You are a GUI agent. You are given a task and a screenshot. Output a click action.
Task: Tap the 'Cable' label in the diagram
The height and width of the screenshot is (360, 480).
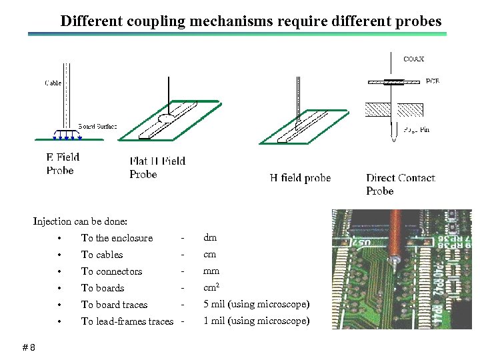pos(53,83)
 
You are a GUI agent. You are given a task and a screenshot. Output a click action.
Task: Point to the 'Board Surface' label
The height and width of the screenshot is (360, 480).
pos(97,126)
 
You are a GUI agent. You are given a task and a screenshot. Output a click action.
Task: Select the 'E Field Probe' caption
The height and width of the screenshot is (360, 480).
pos(63,164)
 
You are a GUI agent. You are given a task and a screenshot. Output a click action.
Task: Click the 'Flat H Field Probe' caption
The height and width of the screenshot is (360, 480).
pos(157,167)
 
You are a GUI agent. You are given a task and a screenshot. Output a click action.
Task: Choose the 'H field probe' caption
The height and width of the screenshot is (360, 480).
pos(300,177)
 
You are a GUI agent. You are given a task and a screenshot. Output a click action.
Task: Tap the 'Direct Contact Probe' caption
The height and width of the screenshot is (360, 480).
pos(400,184)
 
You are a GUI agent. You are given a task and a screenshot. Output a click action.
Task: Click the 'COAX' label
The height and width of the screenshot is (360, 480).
pos(413,59)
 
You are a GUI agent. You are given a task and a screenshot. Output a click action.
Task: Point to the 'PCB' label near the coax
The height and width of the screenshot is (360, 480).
pos(432,81)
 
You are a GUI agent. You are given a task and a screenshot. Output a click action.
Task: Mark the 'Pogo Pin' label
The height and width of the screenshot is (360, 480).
pos(417,129)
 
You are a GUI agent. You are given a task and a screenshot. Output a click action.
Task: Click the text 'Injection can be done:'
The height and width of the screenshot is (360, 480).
pos(80,221)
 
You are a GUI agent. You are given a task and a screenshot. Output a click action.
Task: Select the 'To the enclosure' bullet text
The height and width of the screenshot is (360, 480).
pos(117,238)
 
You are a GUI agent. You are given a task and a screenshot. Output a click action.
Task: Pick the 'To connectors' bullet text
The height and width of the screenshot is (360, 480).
pos(111,271)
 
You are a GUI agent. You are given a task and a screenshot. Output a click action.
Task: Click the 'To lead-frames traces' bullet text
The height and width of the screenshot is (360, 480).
pos(127,321)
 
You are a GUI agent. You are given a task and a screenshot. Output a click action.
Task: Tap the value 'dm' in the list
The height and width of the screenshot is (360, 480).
pos(210,237)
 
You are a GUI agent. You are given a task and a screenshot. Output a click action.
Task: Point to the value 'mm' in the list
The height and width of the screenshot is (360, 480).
pos(211,271)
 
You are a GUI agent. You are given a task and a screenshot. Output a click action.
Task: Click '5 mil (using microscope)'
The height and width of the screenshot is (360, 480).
pos(256,304)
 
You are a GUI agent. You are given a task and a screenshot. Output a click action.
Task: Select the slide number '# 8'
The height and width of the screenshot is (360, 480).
pos(29,347)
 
